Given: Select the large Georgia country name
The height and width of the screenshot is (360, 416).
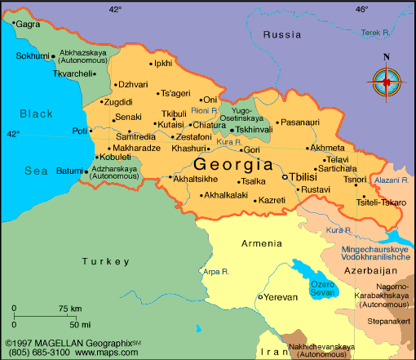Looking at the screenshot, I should click(x=234, y=163).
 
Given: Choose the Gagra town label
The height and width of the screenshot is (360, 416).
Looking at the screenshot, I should click(x=28, y=24).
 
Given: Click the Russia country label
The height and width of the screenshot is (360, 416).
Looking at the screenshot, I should click(x=282, y=34).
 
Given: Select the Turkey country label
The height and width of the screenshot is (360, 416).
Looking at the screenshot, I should click(x=106, y=261).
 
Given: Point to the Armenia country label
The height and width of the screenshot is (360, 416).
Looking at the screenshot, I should click(x=262, y=243).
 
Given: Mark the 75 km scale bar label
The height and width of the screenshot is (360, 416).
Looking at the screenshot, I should click(x=69, y=309).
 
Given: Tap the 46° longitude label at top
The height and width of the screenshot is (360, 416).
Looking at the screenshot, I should click(x=361, y=9).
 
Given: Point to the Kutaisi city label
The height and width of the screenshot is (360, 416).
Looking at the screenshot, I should click(x=170, y=124).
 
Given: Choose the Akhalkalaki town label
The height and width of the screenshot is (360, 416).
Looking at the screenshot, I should click(x=225, y=196).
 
